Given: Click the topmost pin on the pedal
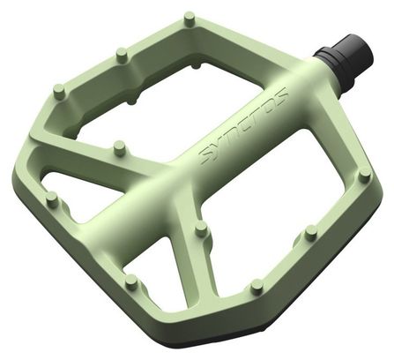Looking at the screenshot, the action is [189, 19].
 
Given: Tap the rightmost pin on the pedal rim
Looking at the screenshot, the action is [365, 175].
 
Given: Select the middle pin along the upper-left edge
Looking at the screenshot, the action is [123, 54].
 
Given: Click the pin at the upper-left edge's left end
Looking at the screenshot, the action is [59, 92].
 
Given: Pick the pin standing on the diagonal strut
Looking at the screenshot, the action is [119, 148].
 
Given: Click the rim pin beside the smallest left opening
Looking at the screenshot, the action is [53, 199].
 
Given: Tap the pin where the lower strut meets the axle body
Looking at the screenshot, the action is [201, 229].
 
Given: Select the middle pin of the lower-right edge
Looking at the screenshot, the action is [310, 232].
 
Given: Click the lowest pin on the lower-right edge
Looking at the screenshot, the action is [257, 286].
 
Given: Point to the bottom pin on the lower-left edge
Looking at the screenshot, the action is [131, 281].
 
